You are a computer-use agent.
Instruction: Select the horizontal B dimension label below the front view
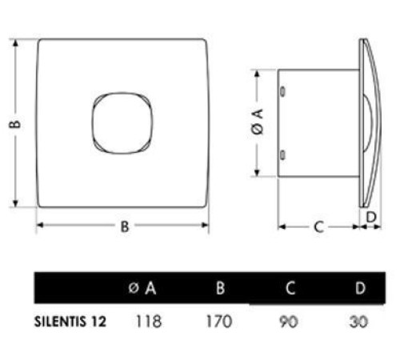(x=124, y=226)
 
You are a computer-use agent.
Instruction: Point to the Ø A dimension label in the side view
(x=256, y=124)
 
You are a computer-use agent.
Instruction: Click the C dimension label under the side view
(x=318, y=227)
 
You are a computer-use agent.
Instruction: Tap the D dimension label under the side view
(x=370, y=217)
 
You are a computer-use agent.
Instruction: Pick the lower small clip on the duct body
(x=283, y=154)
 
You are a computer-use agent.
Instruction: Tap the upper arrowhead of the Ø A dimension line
(x=256, y=74)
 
